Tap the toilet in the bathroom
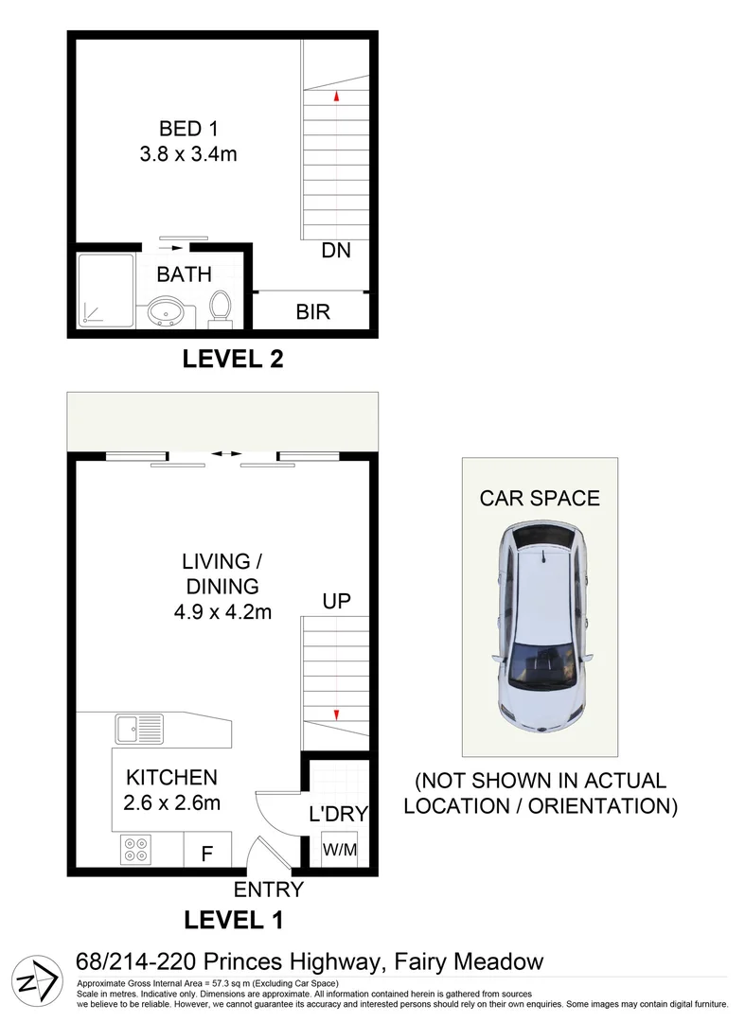tap(221, 308)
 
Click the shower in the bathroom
tap(107, 290)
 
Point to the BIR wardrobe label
tap(313, 311)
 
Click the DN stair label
tap(336, 251)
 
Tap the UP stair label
tap(336, 602)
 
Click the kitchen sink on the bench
tap(138, 730)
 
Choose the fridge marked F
tap(206, 853)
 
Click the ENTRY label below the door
tap(269, 890)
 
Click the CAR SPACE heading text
tap(540, 498)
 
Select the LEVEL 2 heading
tap(233, 360)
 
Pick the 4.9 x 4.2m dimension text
tap(222, 611)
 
